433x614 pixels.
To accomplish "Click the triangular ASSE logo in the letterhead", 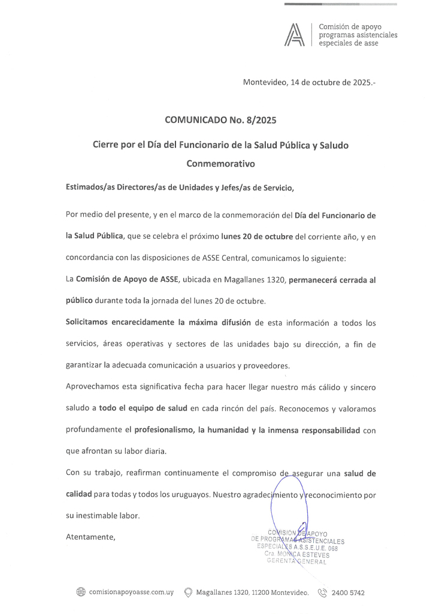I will pyautogui.click(x=295, y=35).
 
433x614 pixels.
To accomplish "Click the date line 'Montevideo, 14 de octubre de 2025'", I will pyautogui.click(x=309, y=83).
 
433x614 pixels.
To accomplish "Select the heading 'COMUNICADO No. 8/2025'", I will pyautogui.click(x=220, y=120).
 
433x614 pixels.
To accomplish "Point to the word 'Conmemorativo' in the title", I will pyautogui.click(x=220, y=163).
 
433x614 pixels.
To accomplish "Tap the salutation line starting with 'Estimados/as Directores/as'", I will pyautogui.click(x=180, y=188).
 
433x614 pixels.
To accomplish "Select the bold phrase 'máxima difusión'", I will pyautogui.click(x=220, y=323).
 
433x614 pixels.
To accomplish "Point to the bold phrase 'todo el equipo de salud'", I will pyautogui.click(x=143, y=408).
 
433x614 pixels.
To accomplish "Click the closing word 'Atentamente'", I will pyautogui.click(x=90, y=537).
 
